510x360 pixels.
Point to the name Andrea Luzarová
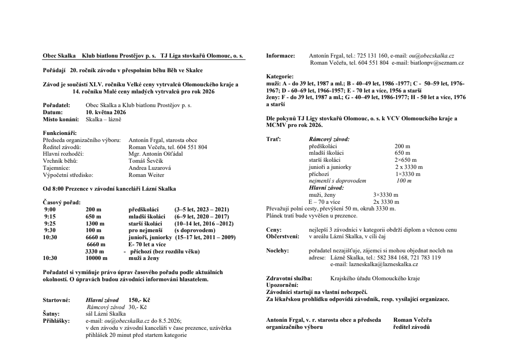pos(150,167)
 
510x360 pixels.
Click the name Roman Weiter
pos(147,175)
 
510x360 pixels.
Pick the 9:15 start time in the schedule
pos(50,217)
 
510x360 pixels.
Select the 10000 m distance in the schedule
pos(97,258)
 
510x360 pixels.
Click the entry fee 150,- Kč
pos(139,300)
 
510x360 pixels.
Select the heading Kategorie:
pos(280,76)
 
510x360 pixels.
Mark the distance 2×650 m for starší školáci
pos(405,160)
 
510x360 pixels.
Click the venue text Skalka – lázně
pos(103,119)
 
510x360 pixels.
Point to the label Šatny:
pos(51,313)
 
